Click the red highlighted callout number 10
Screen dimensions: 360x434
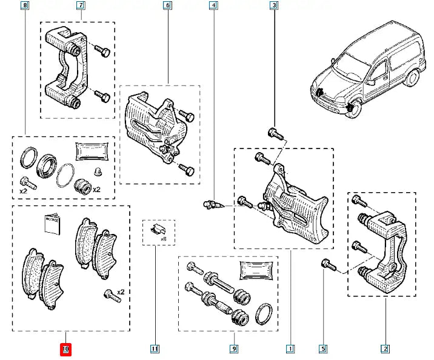point(66,348)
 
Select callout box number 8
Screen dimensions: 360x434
point(24,6)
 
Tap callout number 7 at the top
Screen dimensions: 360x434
point(81,6)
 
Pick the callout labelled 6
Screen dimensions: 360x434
point(167,6)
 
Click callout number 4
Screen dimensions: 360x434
point(213,6)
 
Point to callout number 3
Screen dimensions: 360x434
point(274,6)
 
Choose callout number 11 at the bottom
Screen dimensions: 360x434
point(155,348)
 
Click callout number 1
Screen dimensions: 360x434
point(290,348)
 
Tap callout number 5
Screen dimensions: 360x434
point(323,348)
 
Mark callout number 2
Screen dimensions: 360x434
point(385,348)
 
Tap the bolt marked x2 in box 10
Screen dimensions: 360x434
point(109,295)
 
